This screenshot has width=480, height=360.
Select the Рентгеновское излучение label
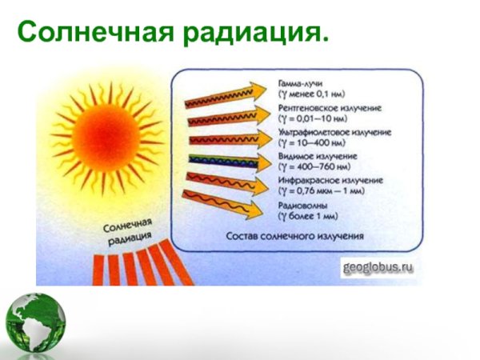pos(330,107)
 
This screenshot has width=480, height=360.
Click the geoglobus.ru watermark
pos(378,266)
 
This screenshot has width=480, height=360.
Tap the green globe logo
pos(34,325)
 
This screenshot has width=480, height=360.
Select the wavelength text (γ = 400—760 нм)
pos(315,166)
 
